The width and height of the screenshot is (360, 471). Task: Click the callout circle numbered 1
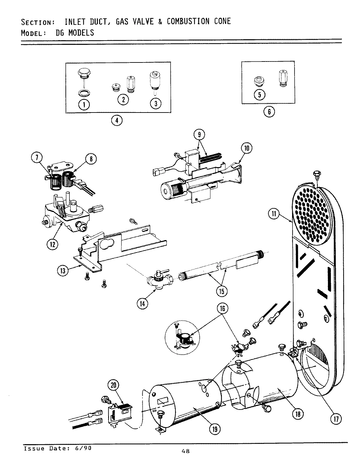coord(84,104)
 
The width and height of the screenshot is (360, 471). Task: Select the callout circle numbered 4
coord(117,120)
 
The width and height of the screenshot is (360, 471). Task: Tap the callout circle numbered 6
coord(269,112)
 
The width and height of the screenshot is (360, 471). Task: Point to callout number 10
coord(246,148)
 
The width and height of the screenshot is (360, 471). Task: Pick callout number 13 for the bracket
coord(63,270)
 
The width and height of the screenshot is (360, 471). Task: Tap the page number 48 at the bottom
coord(185,451)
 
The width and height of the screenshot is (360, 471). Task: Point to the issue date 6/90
coord(83,448)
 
